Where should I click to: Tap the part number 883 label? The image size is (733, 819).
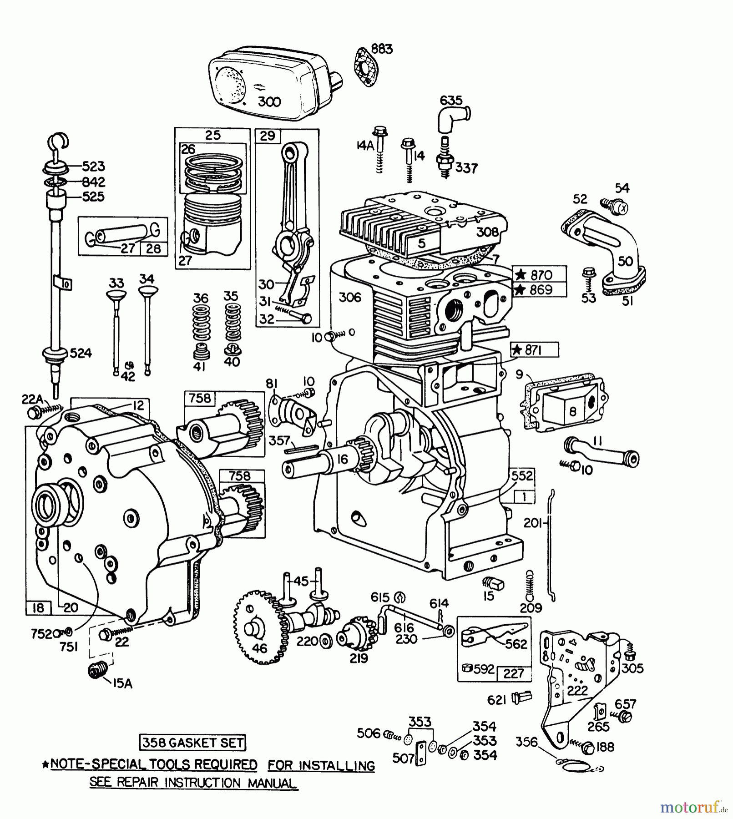381,49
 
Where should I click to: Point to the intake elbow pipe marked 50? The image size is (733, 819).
619,255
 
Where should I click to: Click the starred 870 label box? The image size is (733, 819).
540,275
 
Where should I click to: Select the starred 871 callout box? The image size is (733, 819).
534,350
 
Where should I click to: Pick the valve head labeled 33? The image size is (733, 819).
116,295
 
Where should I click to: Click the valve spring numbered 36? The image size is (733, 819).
200,323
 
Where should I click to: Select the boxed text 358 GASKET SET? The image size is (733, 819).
192,743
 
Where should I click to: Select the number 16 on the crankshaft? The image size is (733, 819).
342,459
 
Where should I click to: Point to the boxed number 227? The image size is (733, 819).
514,673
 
